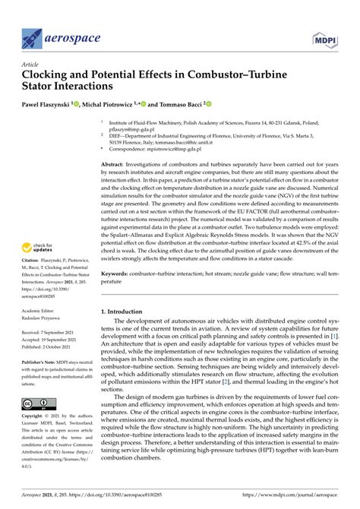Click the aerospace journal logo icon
click(x=31, y=35)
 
